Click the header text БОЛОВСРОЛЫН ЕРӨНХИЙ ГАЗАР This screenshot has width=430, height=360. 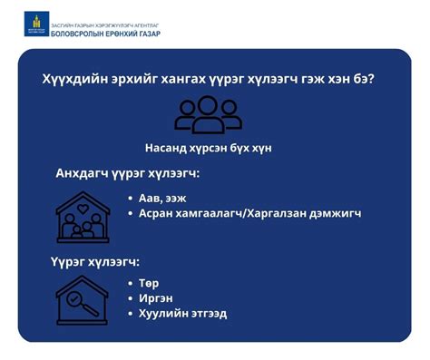[x=106, y=31]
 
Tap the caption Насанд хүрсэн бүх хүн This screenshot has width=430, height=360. [x=208, y=148]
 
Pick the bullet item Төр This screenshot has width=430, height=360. [x=149, y=283]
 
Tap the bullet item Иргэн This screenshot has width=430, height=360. [x=155, y=297]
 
